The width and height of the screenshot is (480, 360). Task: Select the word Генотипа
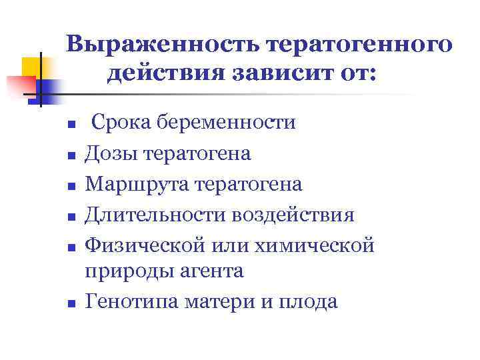point(127,301)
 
